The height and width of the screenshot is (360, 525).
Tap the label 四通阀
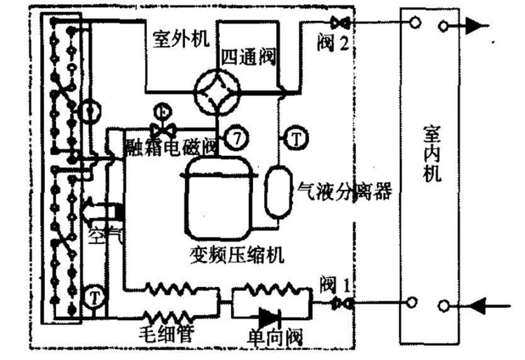(x=248, y=57)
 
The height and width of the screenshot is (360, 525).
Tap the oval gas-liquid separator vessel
(x=277, y=192)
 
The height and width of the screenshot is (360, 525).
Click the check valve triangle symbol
(x=268, y=318)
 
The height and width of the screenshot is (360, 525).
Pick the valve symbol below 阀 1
(x=337, y=304)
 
